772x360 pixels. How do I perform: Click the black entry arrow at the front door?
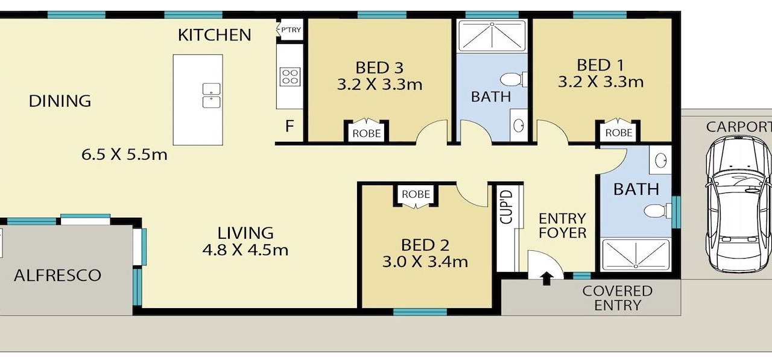546,279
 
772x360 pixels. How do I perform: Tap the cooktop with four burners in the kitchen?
290,77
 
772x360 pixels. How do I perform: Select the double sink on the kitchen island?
211,95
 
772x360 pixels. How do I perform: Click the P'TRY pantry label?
291,30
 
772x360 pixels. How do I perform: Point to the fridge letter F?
289,127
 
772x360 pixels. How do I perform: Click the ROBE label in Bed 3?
366,133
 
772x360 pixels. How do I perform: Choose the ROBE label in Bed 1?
619,133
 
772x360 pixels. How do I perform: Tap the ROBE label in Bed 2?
416,194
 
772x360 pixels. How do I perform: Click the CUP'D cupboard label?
506,207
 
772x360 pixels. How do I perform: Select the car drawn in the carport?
737,204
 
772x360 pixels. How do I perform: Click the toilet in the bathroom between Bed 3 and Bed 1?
513,80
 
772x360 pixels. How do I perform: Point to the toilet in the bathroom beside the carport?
657,211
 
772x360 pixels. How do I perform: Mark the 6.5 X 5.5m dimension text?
124,155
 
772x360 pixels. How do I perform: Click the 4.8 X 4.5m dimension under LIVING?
245,250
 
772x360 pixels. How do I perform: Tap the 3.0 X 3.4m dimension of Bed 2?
425,262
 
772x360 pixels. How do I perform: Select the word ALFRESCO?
57,276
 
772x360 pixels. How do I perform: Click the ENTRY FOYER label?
563,226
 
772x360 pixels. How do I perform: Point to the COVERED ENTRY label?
617,298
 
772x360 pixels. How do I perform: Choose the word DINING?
60,101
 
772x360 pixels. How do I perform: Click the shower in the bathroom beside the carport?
636,254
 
